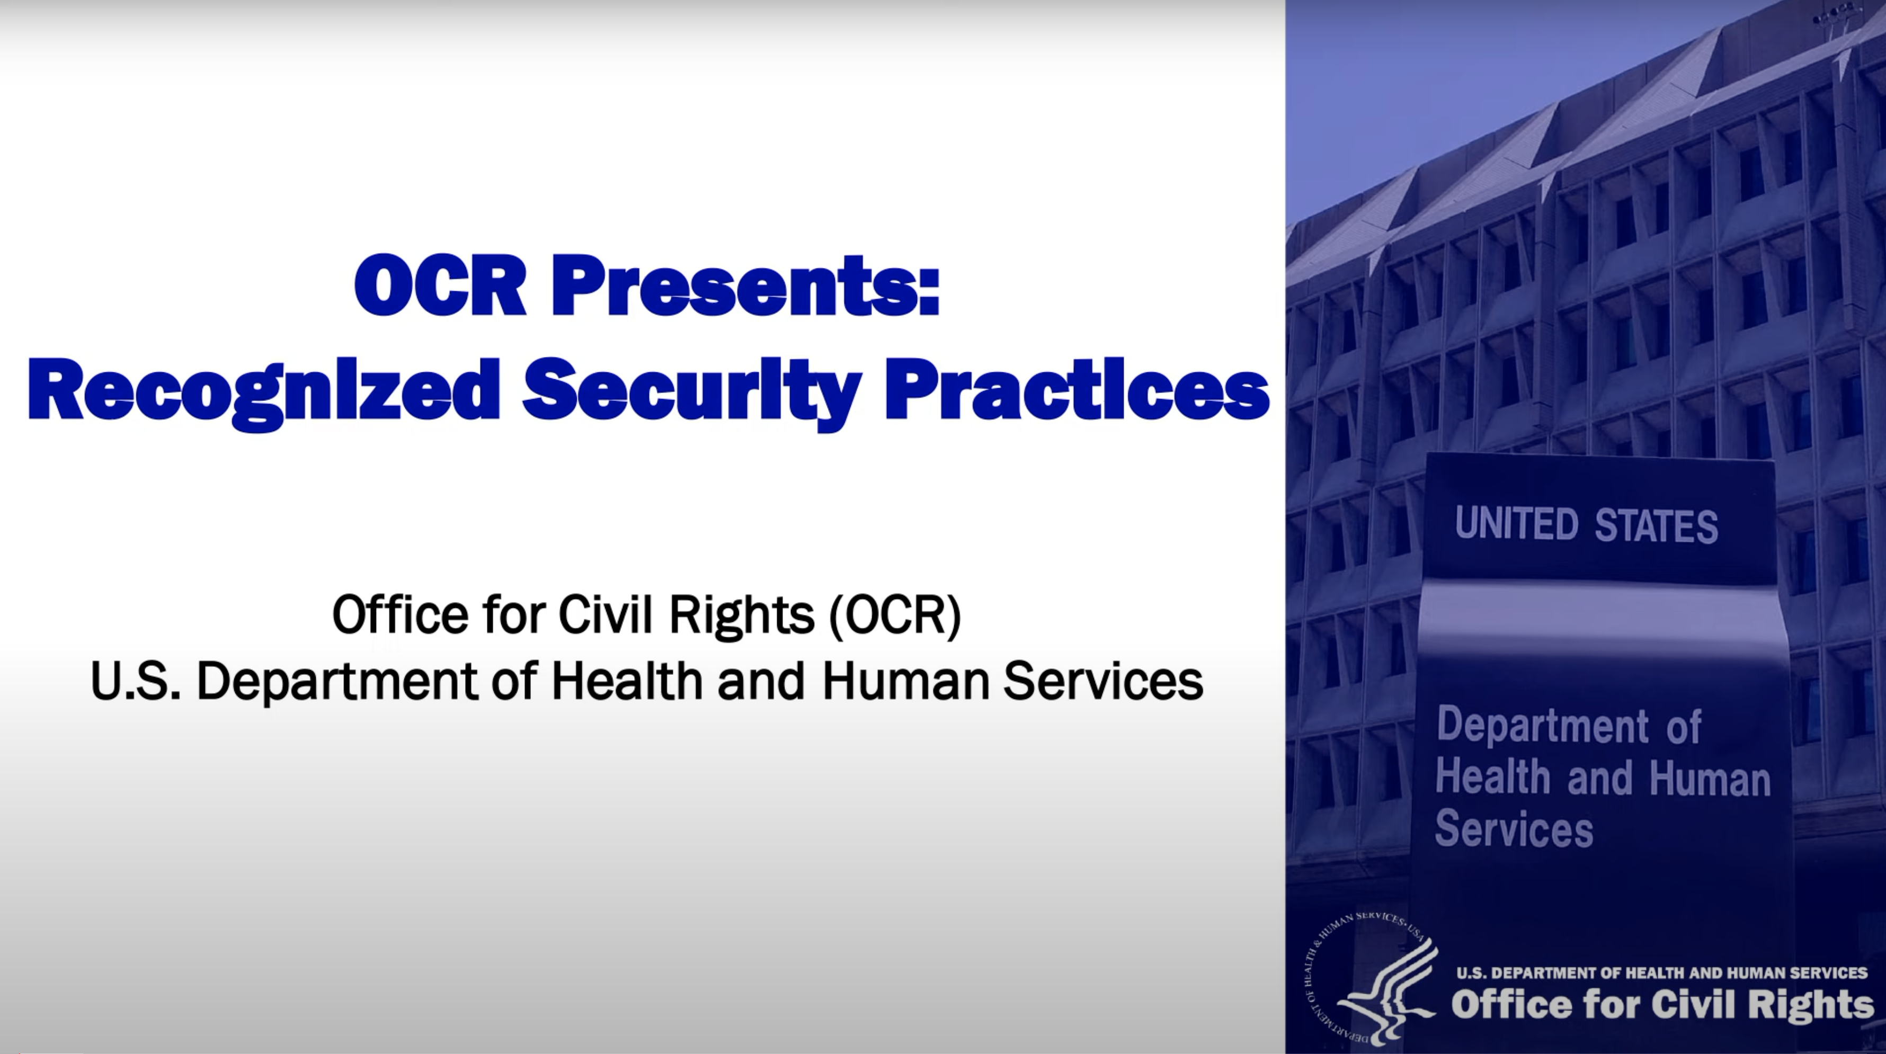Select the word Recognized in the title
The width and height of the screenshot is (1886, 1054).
click(264, 391)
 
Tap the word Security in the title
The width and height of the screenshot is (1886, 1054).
click(692, 391)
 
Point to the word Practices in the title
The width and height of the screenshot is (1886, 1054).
click(1077, 391)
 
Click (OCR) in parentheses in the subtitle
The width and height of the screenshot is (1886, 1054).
click(895, 615)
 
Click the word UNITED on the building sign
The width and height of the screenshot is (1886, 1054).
click(1516, 524)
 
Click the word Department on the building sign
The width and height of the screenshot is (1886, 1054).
click(1542, 726)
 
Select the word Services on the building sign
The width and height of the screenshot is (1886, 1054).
click(1514, 829)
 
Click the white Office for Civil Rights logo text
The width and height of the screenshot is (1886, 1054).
click(1662, 1004)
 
